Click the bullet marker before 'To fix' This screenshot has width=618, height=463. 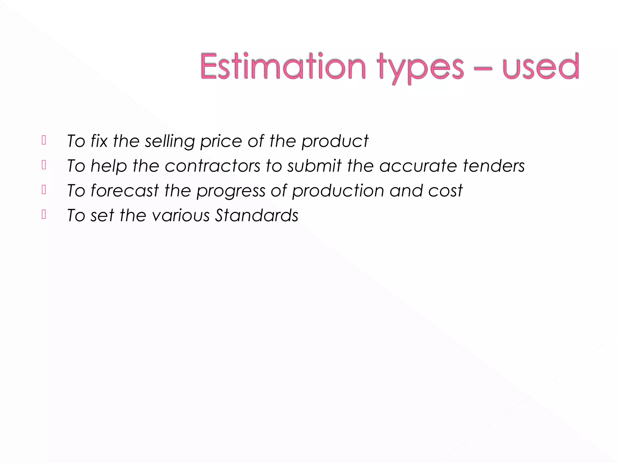tap(44, 140)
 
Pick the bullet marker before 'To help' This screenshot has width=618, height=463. tap(44, 165)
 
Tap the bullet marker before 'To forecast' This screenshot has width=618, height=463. tap(44, 190)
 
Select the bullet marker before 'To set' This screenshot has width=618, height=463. tap(44, 214)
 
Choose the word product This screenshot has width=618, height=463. tap(335, 141)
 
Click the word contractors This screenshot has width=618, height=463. tap(212, 166)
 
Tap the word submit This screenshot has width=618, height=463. tap(314, 166)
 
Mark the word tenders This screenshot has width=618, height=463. tap(494, 166)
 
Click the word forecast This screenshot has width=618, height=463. tap(125, 191)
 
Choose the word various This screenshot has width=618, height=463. tap(181, 216)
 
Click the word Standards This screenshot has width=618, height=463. tap(256, 216)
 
